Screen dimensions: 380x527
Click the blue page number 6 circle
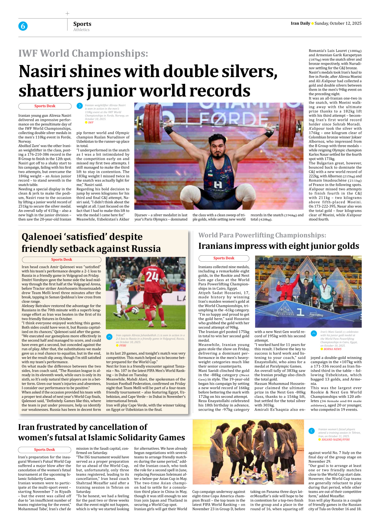coord(23,26)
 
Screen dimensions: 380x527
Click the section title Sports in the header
coord(82,24)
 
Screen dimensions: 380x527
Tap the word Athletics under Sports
coord(81,30)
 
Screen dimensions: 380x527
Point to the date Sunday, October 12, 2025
coord(338,23)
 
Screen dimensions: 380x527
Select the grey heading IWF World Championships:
coord(83,53)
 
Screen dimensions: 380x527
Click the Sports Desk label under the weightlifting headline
coord(45,106)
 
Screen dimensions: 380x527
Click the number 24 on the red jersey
coord(152,277)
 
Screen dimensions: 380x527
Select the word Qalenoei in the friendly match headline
coord(43,237)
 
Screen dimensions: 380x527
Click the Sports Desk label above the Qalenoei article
coord(61,260)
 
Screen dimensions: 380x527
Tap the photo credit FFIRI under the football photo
coord(122,346)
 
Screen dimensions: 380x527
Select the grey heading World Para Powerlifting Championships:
coord(262,235)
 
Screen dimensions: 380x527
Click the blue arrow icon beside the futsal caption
coord(312,431)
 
